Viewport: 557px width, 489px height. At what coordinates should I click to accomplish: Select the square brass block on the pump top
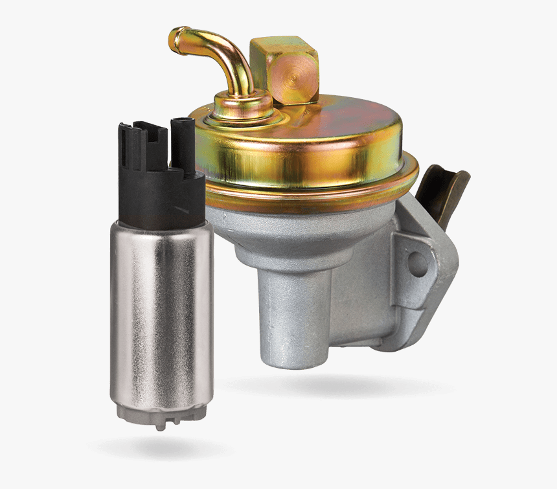(284, 69)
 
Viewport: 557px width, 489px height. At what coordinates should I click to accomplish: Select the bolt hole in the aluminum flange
(416, 262)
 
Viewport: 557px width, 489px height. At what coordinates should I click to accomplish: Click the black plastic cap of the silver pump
(162, 194)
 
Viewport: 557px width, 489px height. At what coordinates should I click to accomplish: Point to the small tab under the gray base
(159, 426)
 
